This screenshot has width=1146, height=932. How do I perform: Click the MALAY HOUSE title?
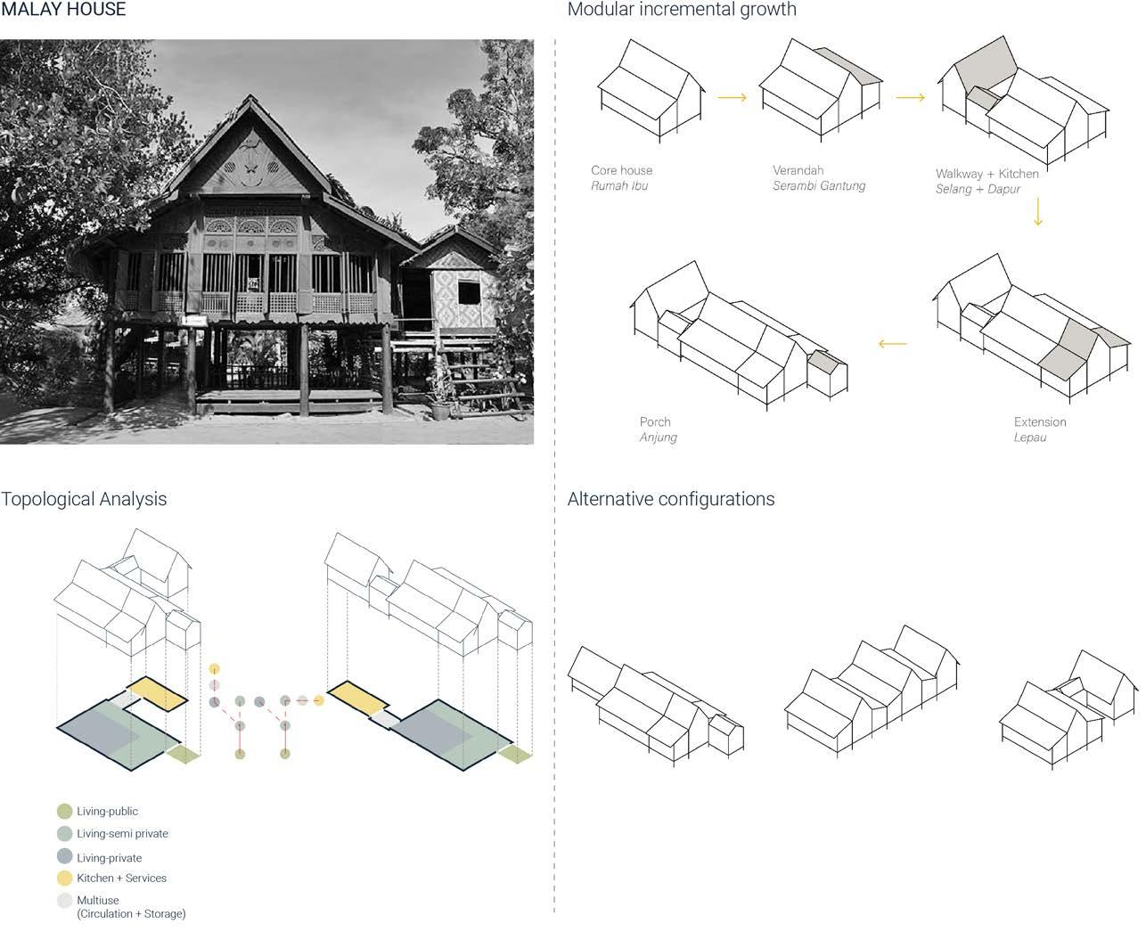[x=63, y=10]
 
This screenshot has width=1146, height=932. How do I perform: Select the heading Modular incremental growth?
[x=682, y=10]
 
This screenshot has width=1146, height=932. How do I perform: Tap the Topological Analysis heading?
[x=84, y=499]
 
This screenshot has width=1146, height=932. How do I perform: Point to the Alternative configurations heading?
[x=671, y=499]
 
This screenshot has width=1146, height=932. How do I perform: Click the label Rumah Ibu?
[x=618, y=186]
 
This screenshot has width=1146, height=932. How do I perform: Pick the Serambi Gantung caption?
[x=818, y=186]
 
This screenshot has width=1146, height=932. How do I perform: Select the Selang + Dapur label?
[x=978, y=189]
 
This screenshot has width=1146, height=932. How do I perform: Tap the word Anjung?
[x=658, y=437]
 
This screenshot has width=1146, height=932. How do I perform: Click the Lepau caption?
[x=1029, y=437]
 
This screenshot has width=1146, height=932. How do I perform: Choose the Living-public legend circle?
[x=64, y=812]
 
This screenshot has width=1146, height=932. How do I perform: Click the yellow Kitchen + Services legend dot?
[x=64, y=879]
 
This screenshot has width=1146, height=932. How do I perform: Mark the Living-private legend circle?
[x=64, y=857]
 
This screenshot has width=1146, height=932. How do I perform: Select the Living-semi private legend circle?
[x=64, y=834]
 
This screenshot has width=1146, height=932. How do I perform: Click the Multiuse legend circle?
[x=64, y=901]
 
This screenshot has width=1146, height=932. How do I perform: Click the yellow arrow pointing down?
[x=1037, y=212]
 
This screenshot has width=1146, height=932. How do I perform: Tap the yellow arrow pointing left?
[x=892, y=344]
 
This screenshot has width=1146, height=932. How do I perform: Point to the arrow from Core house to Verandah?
[x=732, y=98]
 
